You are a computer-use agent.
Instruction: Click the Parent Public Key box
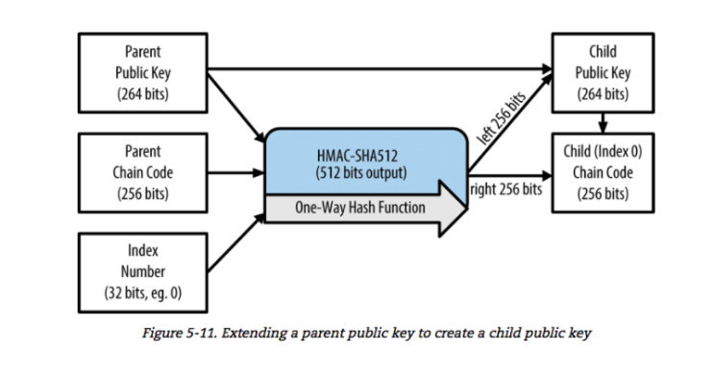pos(143,73)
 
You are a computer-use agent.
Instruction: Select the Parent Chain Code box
pos(143,173)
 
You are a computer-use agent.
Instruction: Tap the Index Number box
pos(143,273)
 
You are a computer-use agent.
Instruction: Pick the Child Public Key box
pos(603,73)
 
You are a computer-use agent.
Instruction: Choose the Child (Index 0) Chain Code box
pos(603,173)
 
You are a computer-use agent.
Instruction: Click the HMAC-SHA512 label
pos(357,156)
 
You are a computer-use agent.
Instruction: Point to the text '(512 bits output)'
pos(361,173)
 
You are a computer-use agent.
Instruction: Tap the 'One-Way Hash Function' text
pos(360,208)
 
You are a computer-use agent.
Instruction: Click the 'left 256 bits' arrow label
pos(501,117)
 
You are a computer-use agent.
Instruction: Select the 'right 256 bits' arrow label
pos(505,189)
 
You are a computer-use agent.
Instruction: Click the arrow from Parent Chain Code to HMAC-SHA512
pos(235,173)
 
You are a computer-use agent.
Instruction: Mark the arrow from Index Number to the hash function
pos(235,243)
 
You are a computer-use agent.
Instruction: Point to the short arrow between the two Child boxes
pos(603,123)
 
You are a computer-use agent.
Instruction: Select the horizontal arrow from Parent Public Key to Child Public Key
pos(380,69)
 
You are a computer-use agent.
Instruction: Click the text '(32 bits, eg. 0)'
pos(143,292)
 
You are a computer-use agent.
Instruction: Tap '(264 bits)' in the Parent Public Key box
pos(143,94)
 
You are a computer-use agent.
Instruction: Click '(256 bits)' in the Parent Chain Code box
pos(143,194)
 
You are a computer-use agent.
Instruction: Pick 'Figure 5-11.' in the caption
pos(181,333)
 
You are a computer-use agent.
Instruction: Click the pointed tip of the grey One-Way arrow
pos(467,209)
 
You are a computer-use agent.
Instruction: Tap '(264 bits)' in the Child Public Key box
pos(603,94)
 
